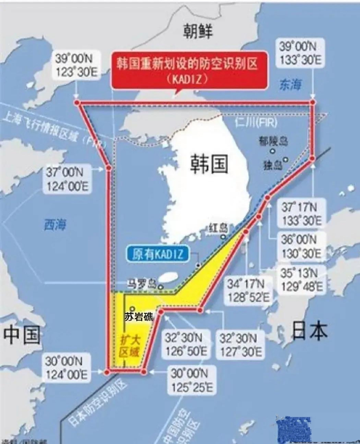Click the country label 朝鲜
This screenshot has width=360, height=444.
point(198,32)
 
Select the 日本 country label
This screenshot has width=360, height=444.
point(309,330)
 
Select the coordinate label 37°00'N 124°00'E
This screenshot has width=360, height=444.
point(67,179)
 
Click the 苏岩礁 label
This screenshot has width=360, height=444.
point(139,316)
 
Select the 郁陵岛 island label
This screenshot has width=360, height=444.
point(273,142)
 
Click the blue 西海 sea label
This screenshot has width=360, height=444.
point(55,225)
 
